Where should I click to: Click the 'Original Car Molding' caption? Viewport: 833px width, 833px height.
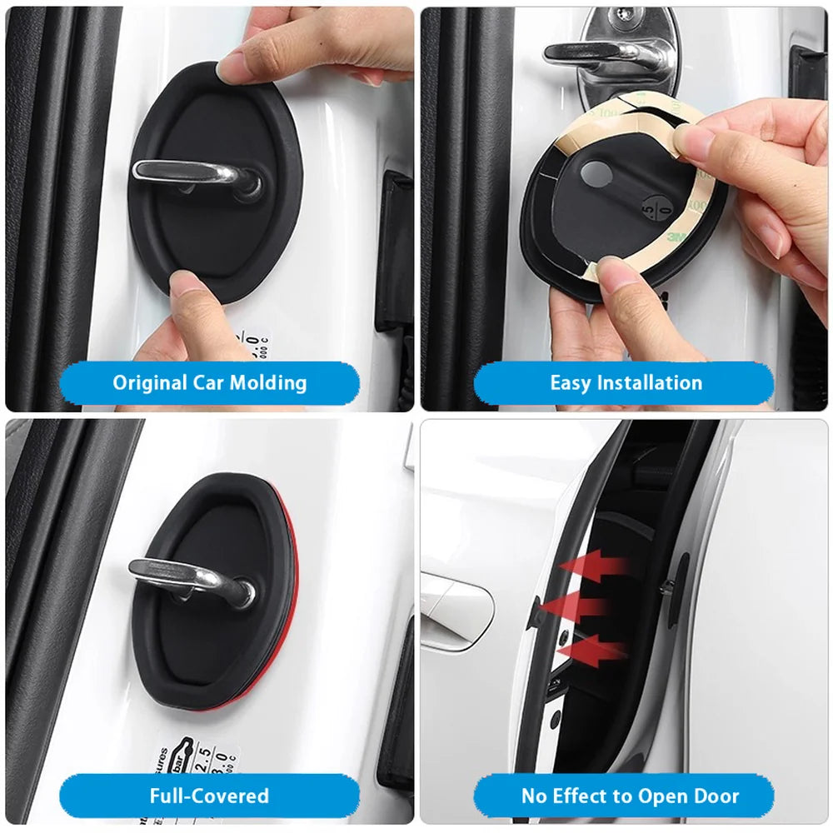[x=209, y=383]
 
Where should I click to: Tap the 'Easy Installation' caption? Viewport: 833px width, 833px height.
[x=626, y=383]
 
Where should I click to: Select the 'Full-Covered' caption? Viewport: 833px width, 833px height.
[x=209, y=796]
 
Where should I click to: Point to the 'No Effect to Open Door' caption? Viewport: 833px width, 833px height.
[x=630, y=796]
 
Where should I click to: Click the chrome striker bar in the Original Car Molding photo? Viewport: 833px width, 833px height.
[x=192, y=172]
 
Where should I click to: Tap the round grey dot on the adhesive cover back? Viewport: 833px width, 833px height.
[x=594, y=174]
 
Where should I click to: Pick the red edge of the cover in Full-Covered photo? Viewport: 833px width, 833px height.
[x=288, y=600]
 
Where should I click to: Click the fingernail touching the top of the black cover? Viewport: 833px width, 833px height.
[x=228, y=66]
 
